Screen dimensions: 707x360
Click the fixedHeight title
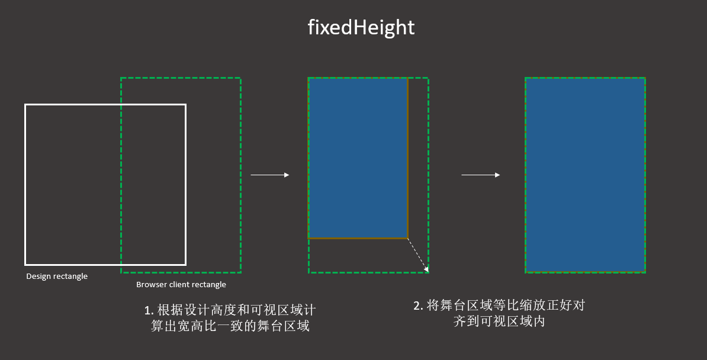(x=361, y=27)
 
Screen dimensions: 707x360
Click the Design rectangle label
(x=57, y=277)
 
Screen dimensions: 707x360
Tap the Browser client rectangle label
(x=181, y=285)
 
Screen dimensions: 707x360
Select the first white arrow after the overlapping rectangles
(x=269, y=175)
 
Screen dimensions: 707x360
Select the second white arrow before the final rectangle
(x=481, y=175)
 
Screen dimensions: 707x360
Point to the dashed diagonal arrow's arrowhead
(x=426, y=269)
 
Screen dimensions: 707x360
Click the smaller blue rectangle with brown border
(x=358, y=158)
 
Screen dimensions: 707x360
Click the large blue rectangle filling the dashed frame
(x=585, y=175)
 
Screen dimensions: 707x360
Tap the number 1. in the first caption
(x=149, y=310)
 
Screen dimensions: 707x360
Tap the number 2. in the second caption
(x=419, y=306)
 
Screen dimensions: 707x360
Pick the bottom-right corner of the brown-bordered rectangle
(x=407, y=238)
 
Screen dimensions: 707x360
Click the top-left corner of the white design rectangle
(x=25, y=105)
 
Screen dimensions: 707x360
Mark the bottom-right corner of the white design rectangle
(x=186, y=265)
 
